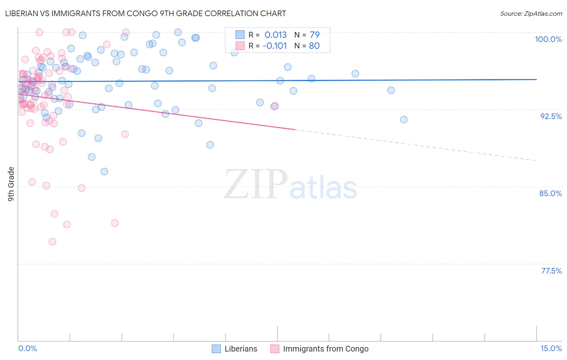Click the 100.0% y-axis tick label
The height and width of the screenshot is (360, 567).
[548, 39]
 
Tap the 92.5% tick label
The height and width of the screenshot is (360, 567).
[551, 116]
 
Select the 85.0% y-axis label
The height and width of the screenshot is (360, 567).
[550, 193]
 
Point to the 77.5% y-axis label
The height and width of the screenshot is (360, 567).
[551, 271]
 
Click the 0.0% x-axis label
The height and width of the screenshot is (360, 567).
[27, 348]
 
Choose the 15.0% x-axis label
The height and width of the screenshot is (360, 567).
[551, 348]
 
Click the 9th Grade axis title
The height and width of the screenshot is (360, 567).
[11, 184]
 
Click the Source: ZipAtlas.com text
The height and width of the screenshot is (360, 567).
[531, 14]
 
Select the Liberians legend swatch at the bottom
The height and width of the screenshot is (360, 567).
[216, 349]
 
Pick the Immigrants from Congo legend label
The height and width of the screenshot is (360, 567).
[325, 349]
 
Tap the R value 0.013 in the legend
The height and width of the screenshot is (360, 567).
[275, 35]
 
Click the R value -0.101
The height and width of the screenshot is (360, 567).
[275, 46]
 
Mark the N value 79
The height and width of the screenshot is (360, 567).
[315, 35]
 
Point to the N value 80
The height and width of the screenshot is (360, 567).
[314, 46]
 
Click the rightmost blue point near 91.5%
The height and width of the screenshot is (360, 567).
[404, 119]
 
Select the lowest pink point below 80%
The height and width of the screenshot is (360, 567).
[52, 242]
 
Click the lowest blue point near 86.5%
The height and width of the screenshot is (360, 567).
[104, 172]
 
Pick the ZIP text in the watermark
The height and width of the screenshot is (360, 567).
[255, 184]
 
